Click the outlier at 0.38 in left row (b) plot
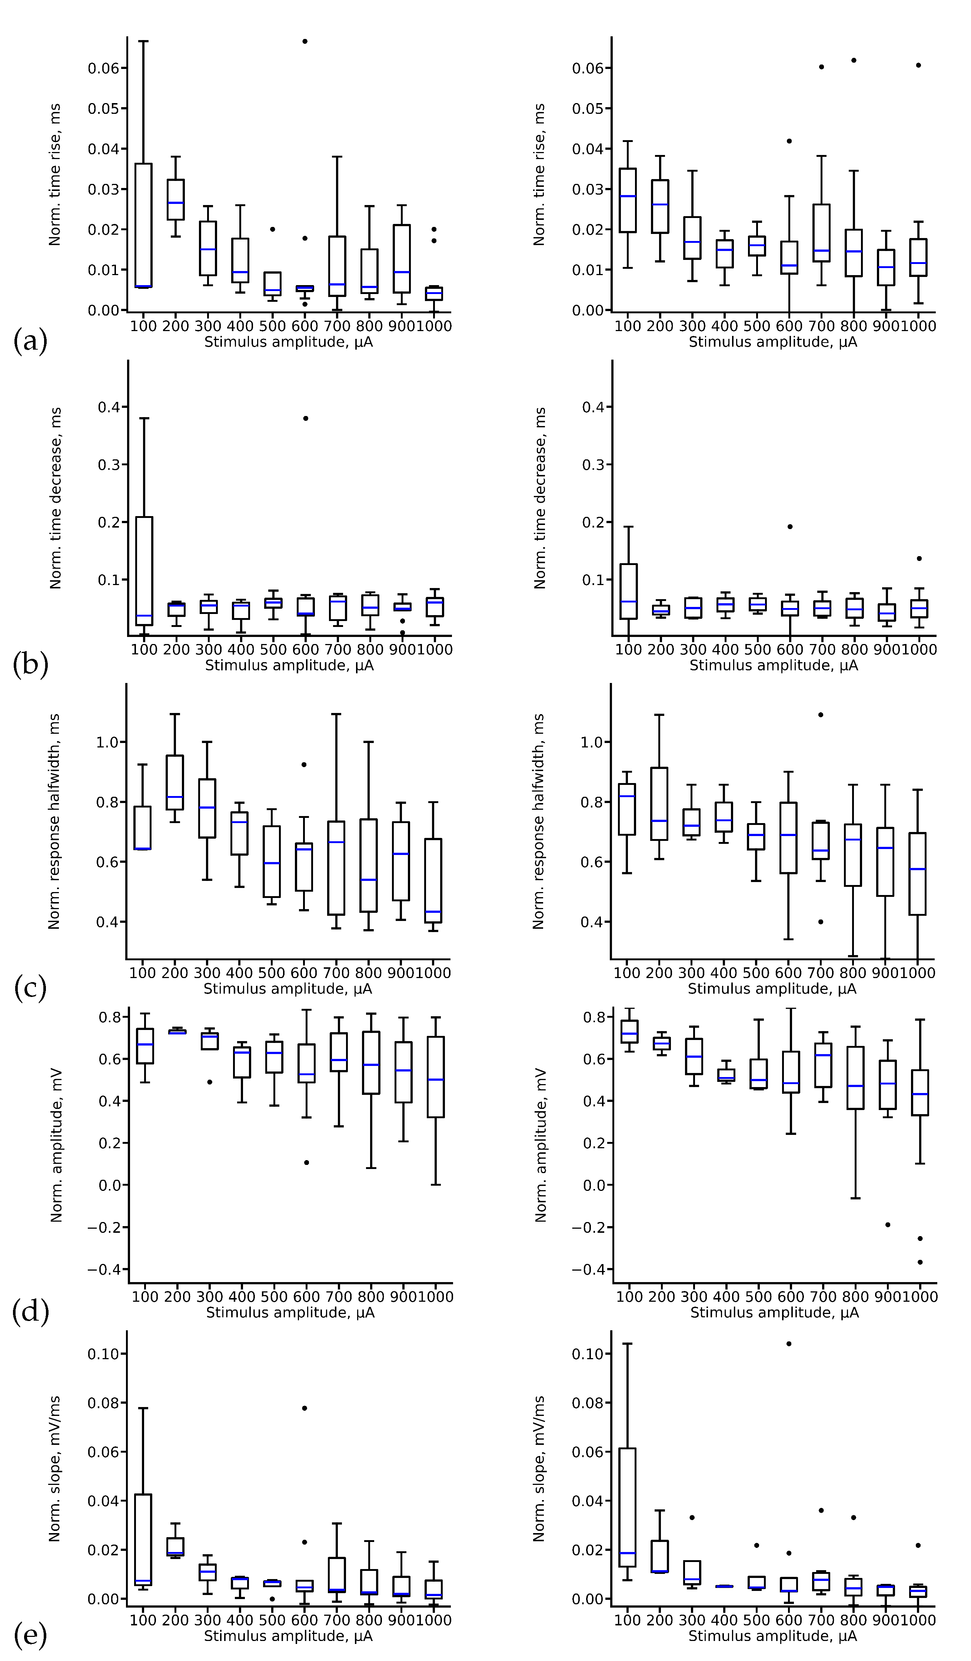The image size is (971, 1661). [x=305, y=418]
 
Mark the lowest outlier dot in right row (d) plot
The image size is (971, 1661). [x=920, y=1262]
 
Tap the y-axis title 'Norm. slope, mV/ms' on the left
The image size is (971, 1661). [x=55, y=1469]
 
